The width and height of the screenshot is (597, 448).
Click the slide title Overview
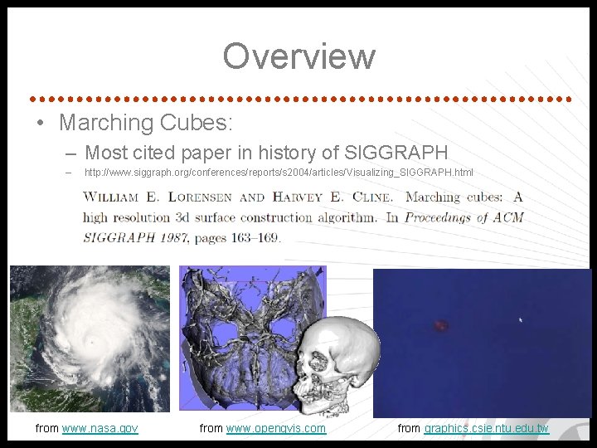click(298, 56)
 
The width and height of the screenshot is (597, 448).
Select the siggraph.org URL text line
click(279, 173)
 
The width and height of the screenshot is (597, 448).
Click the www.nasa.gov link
click(99, 428)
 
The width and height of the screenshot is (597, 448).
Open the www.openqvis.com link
click(275, 428)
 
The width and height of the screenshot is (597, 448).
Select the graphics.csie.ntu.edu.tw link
click(486, 428)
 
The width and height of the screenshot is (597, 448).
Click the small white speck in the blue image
click(520, 319)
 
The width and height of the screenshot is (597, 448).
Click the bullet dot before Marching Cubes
click(40, 124)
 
